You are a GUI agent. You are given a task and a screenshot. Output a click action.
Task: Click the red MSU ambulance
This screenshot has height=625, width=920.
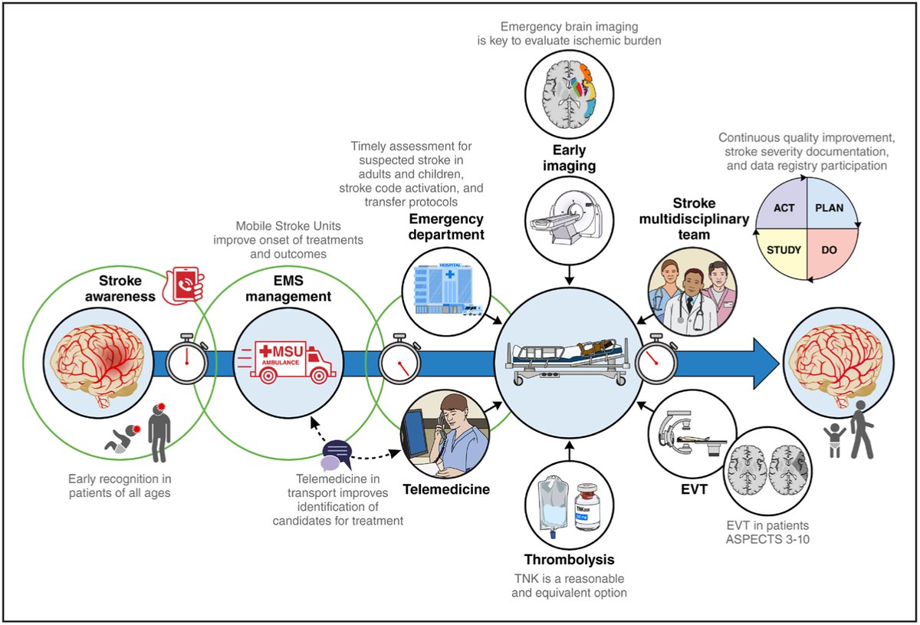coord(284,361)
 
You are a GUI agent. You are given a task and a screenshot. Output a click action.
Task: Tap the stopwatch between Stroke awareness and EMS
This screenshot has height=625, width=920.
coord(186,357)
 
